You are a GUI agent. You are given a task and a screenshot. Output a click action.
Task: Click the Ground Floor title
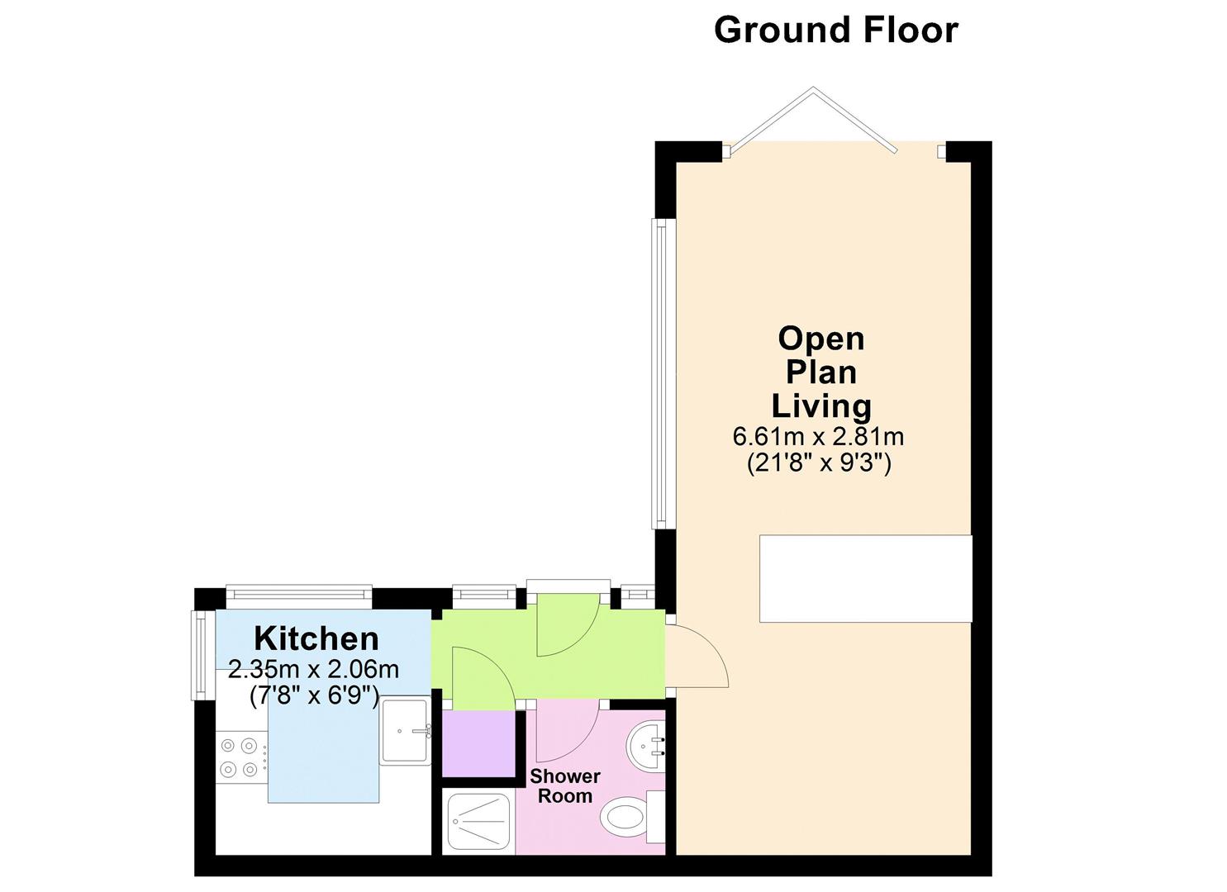pos(835,30)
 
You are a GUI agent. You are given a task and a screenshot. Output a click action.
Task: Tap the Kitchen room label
pos(316,638)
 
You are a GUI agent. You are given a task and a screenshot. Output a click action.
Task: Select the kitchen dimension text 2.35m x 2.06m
pos(314,669)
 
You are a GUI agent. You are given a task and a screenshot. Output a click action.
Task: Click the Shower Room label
pos(565,786)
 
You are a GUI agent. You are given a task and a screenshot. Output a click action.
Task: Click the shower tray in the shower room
pos(478,822)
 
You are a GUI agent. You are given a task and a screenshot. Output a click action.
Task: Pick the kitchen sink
pos(406,730)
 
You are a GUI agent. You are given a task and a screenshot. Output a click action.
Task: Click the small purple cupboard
pos(479,743)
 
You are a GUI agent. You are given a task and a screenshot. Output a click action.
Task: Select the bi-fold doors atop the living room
pos(813,120)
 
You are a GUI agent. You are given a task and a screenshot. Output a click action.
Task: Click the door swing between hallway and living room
pos(697,657)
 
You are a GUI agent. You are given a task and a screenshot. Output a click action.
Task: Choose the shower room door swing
pos(567,732)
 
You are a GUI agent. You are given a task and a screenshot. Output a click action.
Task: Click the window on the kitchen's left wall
pos(198,655)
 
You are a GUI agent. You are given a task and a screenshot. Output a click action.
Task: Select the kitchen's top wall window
pos(299,592)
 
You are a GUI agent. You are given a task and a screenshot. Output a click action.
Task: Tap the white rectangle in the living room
pos(865,578)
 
